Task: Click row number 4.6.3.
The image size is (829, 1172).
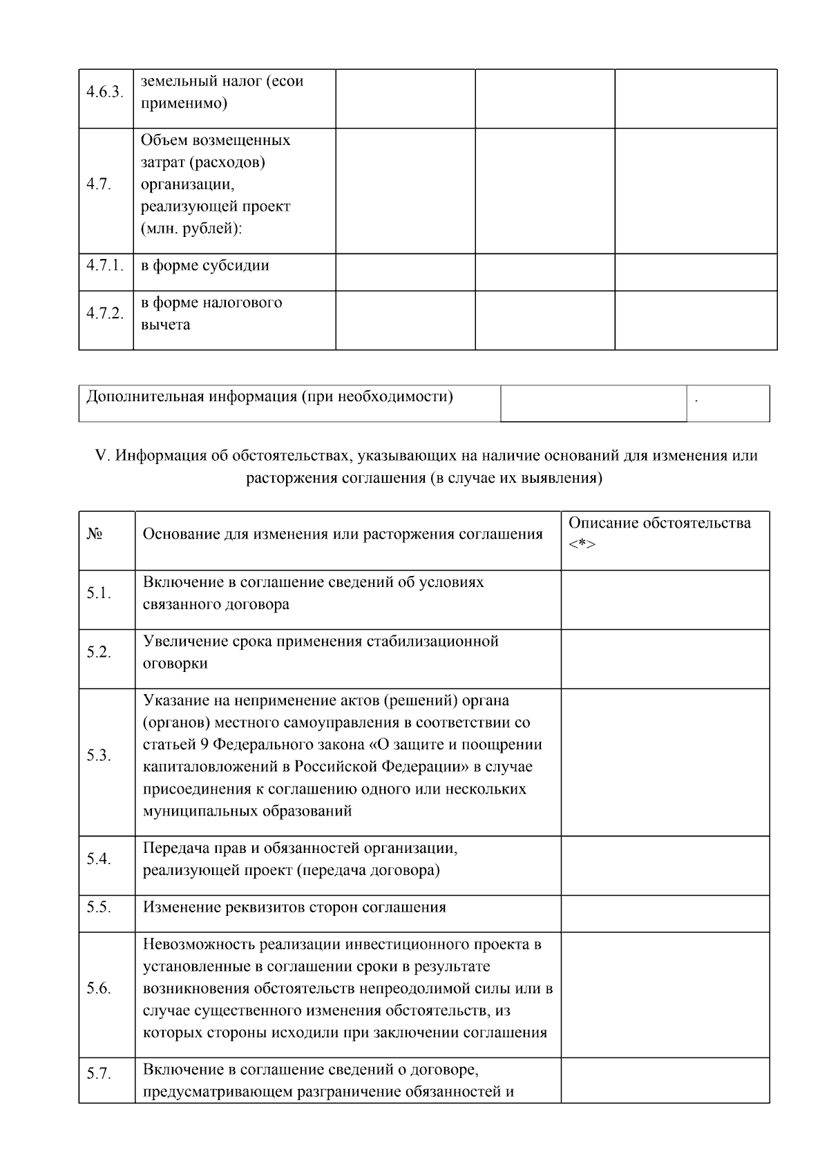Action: click(105, 93)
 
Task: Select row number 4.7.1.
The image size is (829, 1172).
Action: click(105, 265)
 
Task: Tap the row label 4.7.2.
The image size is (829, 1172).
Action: click(105, 314)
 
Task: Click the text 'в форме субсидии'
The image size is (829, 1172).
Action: click(205, 266)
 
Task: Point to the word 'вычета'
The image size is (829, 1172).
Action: click(166, 325)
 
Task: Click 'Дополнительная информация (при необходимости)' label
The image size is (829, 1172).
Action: click(269, 397)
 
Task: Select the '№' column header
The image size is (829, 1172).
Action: click(95, 535)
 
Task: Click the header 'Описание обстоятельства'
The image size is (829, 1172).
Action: click(659, 523)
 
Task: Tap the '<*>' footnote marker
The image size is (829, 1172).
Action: click(582, 545)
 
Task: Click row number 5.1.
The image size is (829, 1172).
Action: click(99, 593)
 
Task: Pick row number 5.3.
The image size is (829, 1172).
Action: click(99, 756)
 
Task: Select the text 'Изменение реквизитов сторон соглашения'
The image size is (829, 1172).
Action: click(294, 907)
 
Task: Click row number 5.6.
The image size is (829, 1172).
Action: click(99, 988)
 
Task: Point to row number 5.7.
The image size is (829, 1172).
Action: click(99, 1074)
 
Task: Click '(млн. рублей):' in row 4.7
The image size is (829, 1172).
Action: click(191, 229)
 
